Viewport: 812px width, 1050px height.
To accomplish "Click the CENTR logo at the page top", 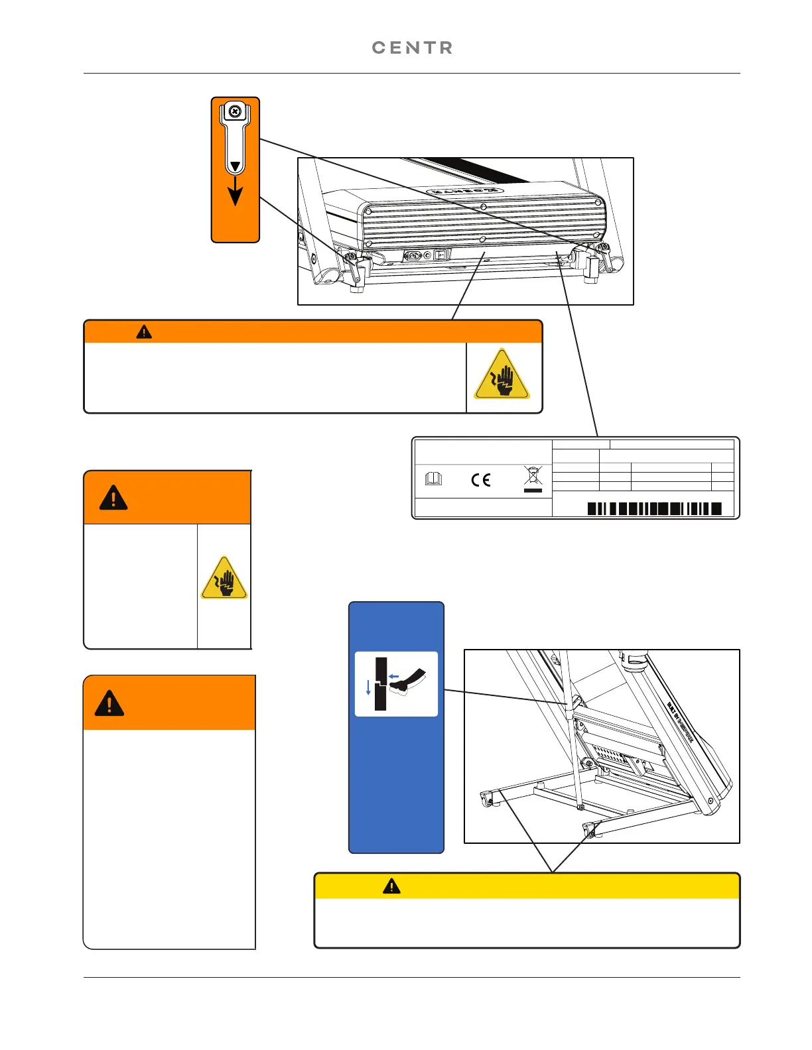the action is (x=412, y=48).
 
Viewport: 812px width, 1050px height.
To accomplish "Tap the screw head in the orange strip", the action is (x=234, y=111).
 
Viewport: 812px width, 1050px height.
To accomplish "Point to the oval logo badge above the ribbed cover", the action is (x=464, y=190).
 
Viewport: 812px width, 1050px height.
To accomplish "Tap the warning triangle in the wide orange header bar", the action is (x=144, y=332).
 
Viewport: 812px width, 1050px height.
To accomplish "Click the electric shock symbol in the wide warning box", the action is (x=502, y=376).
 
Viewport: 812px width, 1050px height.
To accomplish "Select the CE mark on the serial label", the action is (x=481, y=479).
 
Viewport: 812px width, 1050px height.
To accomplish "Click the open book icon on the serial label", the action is (x=433, y=479).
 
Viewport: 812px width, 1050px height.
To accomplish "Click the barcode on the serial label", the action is (x=654, y=508).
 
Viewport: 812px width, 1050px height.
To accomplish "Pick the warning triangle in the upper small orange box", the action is (x=113, y=497).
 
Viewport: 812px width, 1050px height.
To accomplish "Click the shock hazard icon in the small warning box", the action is (x=224, y=579).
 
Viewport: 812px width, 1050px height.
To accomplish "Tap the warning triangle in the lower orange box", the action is (x=109, y=703).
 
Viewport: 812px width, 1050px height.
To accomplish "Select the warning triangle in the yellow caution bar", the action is (x=391, y=886).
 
